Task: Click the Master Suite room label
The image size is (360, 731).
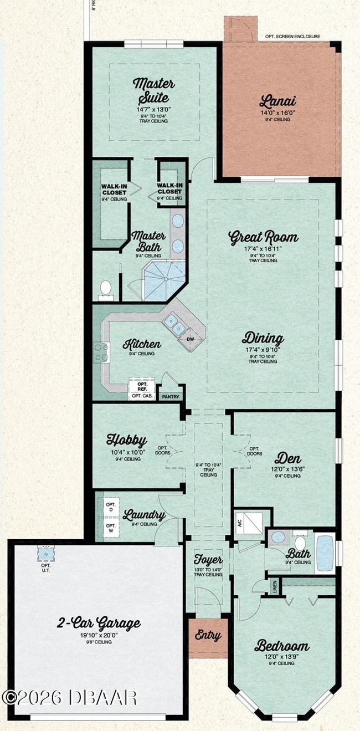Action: pyautogui.click(x=154, y=92)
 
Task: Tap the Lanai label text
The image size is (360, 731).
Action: pyautogui.click(x=277, y=101)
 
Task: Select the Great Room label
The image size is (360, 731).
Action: pyautogui.click(x=263, y=238)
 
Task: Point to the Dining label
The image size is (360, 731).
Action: pyautogui.click(x=263, y=339)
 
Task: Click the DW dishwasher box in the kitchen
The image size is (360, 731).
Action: pyautogui.click(x=191, y=339)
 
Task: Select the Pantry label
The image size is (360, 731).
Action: pyautogui.click(x=168, y=397)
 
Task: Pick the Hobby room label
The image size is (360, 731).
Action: pyautogui.click(x=127, y=441)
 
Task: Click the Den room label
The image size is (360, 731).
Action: pyautogui.click(x=287, y=458)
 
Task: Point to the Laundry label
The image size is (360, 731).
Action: pyautogui.click(x=144, y=515)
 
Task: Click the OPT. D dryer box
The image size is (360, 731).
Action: pyautogui.click(x=110, y=506)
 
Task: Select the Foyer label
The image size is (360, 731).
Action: pyautogui.click(x=208, y=560)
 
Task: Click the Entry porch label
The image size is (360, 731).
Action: pyautogui.click(x=208, y=636)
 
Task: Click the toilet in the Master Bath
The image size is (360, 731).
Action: pyautogui.click(x=105, y=288)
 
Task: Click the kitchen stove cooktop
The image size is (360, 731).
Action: pyautogui.click(x=101, y=352)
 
